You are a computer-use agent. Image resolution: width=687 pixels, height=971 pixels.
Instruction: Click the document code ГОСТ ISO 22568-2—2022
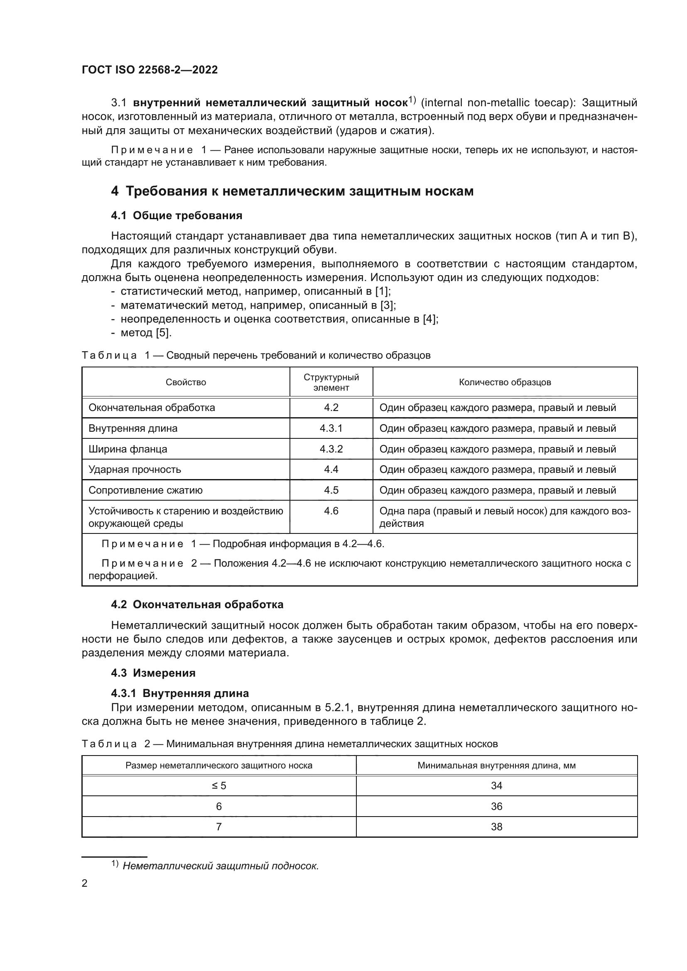coord(150,70)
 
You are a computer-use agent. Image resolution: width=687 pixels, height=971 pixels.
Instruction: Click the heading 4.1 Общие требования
coord(177,216)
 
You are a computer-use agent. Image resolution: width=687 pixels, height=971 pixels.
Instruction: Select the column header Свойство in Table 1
coord(186,382)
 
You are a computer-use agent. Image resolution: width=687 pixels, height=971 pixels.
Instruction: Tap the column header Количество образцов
coord(505,382)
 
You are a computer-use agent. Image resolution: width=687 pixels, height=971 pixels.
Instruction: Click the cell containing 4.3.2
coord(331,449)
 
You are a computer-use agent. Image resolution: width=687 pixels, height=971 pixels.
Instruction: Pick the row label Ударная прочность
coord(135,470)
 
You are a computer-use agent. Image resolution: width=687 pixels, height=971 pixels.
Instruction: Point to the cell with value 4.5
coord(331,490)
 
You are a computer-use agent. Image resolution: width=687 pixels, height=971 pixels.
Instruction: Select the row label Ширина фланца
coord(128,449)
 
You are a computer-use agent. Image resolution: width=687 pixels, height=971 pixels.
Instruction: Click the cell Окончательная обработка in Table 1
coord(152,408)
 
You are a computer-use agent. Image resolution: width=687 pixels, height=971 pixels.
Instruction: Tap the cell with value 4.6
coord(331,511)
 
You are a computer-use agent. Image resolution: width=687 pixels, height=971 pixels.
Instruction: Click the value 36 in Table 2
coord(496,807)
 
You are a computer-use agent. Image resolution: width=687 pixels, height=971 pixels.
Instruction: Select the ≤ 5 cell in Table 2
coord(219,786)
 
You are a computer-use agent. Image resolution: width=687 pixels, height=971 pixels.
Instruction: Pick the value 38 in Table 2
coord(496,827)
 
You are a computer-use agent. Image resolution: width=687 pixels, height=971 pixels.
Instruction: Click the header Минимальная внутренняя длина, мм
coord(496,766)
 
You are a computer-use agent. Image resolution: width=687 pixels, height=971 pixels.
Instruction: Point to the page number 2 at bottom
coord(85,883)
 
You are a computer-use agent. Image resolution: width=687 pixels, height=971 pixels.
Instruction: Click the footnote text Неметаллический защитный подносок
coord(221,866)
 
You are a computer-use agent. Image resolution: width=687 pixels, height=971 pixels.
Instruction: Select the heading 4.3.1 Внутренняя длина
coord(180,694)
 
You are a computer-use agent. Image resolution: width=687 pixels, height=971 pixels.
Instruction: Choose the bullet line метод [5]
coord(145,333)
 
